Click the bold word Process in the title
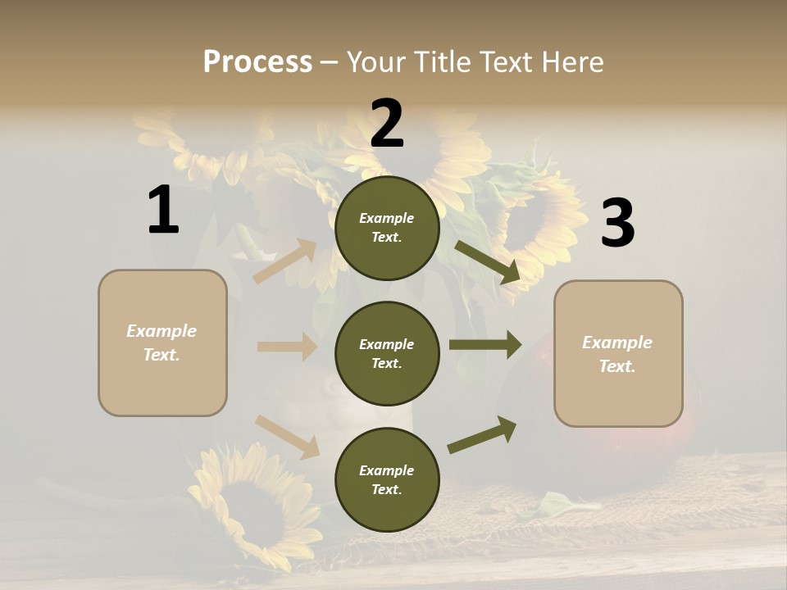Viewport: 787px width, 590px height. (x=257, y=62)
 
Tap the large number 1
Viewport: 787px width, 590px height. (x=163, y=210)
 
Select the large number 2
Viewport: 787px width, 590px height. (x=387, y=124)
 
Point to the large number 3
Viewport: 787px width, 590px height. (x=617, y=224)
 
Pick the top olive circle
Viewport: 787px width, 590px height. (x=387, y=228)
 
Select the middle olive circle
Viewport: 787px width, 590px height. (x=387, y=353)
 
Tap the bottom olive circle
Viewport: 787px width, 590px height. (x=387, y=479)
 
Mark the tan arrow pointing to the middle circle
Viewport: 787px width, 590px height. (x=287, y=347)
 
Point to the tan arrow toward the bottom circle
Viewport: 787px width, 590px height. (x=287, y=436)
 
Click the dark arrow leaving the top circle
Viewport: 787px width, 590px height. (x=488, y=262)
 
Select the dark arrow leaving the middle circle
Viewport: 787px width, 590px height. (x=484, y=345)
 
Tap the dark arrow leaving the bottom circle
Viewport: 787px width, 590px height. (x=483, y=434)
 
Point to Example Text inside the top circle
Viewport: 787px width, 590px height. (x=387, y=228)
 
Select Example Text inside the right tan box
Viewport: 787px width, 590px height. (x=617, y=354)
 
